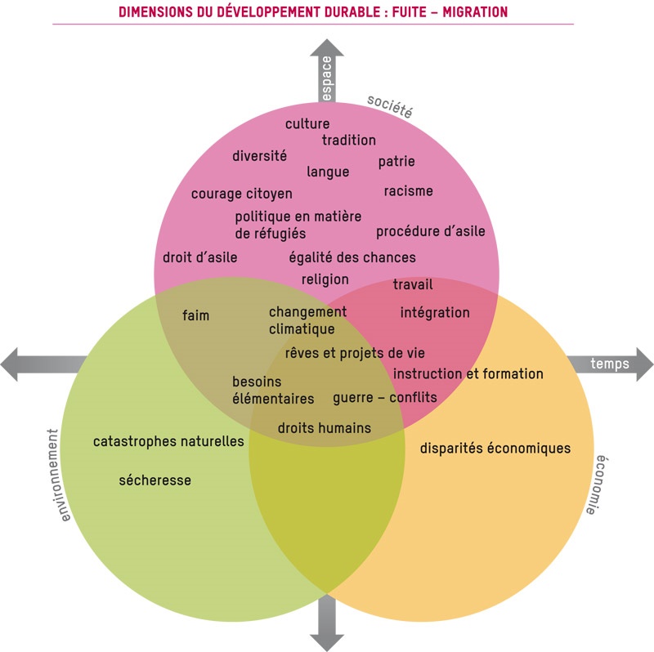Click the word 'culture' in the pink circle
click(x=307, y=124)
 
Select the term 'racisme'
click(x=409, y=191)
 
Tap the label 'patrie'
click(x=396, y=162)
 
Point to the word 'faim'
click(x=195, y=315)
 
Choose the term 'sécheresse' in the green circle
click(x=155, y=480)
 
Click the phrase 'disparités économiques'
click(x=495, y=449)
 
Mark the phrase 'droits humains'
click(x=324, y=428)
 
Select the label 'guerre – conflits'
click(x=384, y=398)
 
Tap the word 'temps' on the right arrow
click(x=610, y=364)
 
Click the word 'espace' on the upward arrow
click(x=327, y=78)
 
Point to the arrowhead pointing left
click(x=11, y=364)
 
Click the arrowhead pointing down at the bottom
click(x=327, y=640)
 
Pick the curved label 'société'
click(x=390, y=105)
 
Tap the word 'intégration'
click(x=435, y=313)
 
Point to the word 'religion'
click(x=325, y=279)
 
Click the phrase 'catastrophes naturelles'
click(x=168, y=442)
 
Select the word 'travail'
click(x=413, y=285)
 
